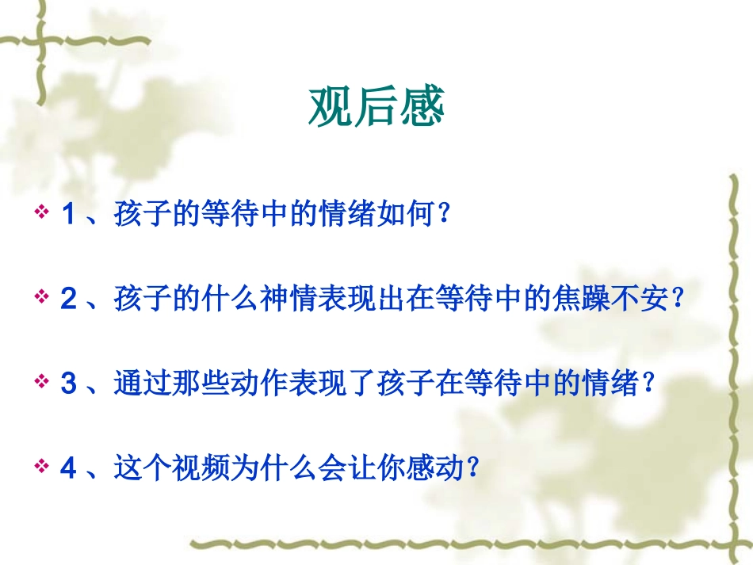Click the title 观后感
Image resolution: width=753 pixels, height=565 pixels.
coord(376,107)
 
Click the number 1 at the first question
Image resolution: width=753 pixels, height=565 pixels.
coord(68,215)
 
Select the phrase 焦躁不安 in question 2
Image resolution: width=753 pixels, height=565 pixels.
coord(609,300)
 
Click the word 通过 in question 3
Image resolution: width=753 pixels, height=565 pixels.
coord(141,384)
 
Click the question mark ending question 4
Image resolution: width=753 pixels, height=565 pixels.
coord(474,469)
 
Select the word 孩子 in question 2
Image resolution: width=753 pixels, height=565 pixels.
coord(141,300)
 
